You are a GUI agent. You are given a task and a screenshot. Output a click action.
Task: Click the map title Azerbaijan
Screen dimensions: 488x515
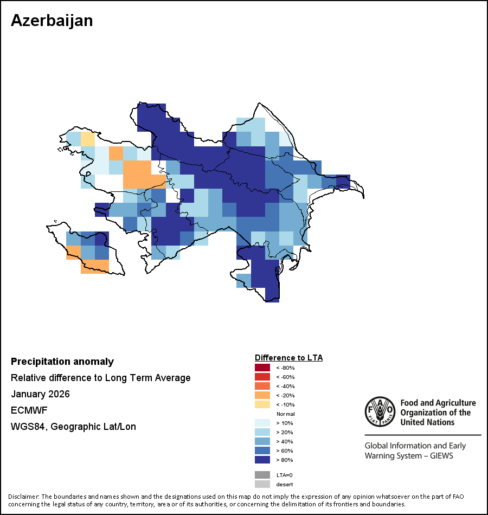(x=52, y=21)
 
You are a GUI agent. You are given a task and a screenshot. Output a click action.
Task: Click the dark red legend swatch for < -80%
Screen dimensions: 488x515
(x=262, y=368)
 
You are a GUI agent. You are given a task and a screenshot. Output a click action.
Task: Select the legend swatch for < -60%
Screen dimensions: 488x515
(x=262, y=377)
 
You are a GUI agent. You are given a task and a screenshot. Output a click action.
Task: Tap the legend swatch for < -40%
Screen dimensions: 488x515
(x=262, y=386)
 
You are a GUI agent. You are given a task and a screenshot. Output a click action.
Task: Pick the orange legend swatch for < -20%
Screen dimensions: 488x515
(x=262, y=395)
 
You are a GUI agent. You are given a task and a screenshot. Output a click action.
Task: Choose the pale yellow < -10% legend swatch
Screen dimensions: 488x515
(x=262, y=404)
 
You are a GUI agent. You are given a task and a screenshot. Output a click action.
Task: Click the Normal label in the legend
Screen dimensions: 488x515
(x=286, y=414)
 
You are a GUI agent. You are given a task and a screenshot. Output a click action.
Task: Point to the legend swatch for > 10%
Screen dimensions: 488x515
(x=262, y=423)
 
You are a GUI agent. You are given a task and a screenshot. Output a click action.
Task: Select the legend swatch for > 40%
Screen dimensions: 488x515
(x=262, y=441)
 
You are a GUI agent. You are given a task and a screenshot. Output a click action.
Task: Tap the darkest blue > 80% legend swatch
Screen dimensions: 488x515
(x=262, y=460)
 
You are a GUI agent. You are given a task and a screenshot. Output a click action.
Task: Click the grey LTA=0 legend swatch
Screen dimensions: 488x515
(x=262, y=475)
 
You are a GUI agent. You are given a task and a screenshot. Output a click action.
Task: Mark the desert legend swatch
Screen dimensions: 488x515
(x=262, y=484)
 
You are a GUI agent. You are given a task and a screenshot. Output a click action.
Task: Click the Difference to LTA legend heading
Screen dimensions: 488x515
(x=288, y=358)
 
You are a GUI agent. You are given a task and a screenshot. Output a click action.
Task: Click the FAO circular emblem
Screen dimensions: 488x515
(x=380, y=411)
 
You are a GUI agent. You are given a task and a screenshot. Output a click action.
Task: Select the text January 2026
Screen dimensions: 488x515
(x=41, y=394)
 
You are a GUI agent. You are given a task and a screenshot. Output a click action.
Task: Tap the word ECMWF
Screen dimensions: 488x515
(x=29, y=410)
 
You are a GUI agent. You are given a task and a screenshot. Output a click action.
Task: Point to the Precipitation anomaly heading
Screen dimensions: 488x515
(x=62, y=362)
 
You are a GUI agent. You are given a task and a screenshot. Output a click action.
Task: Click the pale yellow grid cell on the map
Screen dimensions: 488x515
(x=88, y=139)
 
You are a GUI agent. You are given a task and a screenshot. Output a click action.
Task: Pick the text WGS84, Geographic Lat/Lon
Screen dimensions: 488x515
(x=73, y=427)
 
